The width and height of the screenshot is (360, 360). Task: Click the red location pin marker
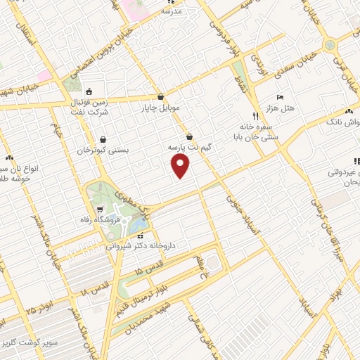pos(181,165)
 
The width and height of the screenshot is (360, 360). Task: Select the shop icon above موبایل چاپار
pos(162,98)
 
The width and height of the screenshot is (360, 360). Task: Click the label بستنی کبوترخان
pos(104,150)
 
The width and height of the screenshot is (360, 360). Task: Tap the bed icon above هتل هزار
pos(280,96)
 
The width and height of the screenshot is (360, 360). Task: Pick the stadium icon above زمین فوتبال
pos(89,91)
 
